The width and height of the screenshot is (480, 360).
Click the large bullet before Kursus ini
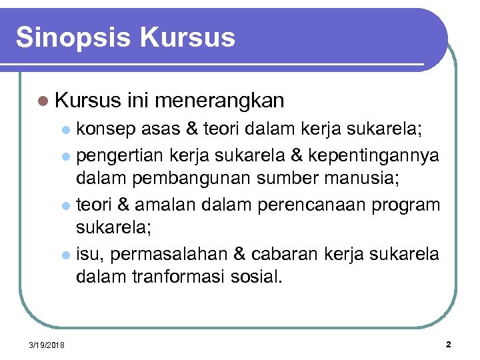coord(43,101)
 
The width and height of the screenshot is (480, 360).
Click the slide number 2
coord(448,344)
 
